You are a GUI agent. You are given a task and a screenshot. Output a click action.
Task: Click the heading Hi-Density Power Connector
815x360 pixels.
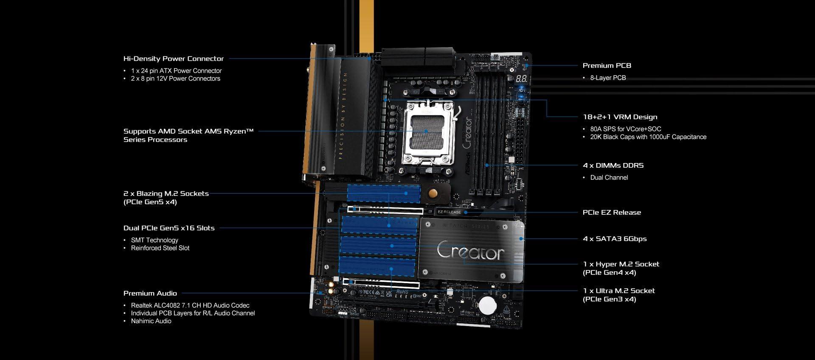173,59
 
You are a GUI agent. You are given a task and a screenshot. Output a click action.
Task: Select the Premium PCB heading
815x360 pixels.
607,65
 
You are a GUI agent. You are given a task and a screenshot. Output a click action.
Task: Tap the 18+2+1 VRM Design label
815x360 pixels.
620,117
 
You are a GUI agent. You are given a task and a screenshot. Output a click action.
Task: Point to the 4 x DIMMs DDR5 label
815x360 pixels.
613,165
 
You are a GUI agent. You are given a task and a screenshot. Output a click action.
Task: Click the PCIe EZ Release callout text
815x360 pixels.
612,212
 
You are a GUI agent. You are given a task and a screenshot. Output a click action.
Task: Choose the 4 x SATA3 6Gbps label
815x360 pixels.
615,239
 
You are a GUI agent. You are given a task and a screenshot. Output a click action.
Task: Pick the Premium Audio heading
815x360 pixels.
150,293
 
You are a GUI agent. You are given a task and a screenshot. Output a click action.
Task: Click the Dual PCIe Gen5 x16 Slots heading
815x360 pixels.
169,228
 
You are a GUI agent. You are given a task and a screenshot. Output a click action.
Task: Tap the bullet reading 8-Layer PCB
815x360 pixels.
608,78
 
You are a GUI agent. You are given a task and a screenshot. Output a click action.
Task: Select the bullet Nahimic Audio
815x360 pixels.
151,321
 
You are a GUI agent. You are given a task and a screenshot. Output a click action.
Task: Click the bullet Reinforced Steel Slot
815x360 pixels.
160,248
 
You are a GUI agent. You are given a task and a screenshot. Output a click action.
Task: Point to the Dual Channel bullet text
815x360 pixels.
609,177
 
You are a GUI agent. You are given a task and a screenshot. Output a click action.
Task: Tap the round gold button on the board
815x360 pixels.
433,194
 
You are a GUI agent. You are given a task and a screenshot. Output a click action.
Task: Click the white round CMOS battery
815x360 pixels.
487,304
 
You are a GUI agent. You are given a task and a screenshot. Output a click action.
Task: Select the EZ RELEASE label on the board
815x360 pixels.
449,212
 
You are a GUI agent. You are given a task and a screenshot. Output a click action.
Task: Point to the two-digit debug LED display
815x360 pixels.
522,79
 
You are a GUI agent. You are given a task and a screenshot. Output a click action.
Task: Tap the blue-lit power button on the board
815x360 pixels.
522,90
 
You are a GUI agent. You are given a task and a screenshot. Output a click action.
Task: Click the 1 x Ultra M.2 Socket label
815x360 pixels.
619,295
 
